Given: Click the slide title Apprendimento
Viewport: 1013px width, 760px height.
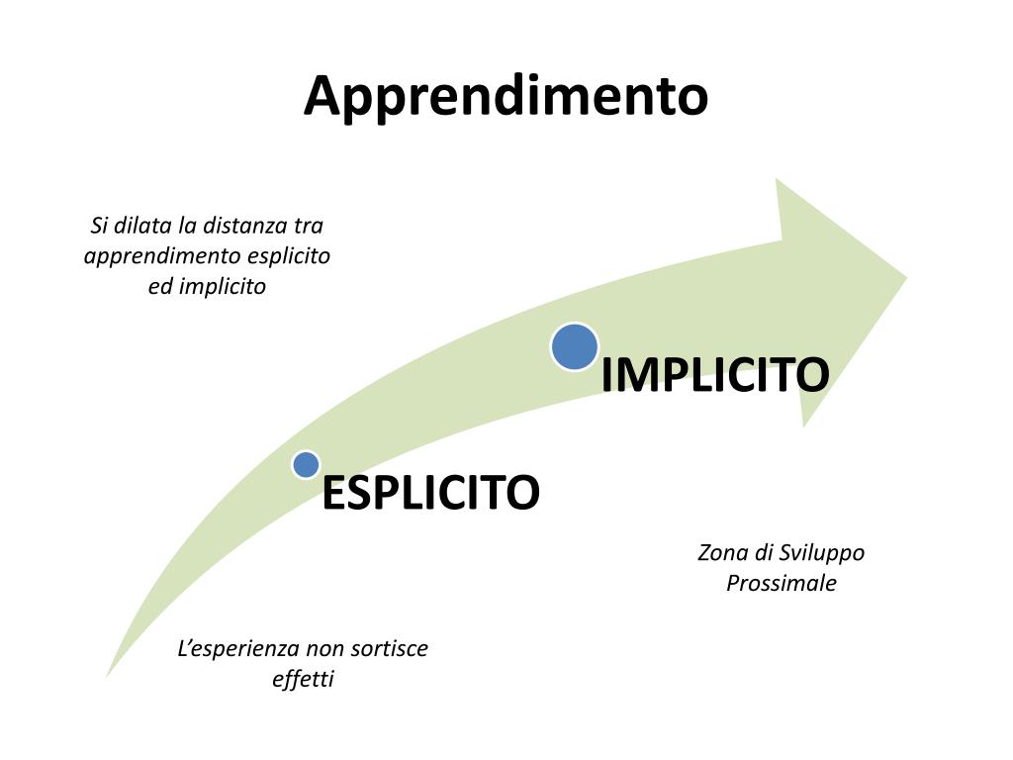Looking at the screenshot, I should click(x=506, y=97).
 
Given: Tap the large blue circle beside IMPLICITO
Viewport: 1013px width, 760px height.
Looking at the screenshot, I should click(x=575, y=347).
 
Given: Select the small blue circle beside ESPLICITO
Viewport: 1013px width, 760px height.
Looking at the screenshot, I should click(x=307, y=464).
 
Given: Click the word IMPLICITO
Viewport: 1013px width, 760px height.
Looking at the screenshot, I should click(x=715, y=375).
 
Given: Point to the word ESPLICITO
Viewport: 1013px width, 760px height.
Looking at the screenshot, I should click(x=431, y=493).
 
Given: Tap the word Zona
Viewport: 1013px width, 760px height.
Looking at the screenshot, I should click(x=720, y=553).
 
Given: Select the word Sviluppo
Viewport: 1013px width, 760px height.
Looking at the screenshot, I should click(x=822, y=553).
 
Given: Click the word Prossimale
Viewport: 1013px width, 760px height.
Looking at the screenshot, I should click(x=782, y=584).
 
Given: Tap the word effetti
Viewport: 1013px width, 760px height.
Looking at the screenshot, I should click(x=303, y=680).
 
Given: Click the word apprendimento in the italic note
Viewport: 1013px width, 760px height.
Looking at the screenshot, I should click(x=161, y=256).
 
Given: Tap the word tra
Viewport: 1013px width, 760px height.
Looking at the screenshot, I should click(x=309, y=226).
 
